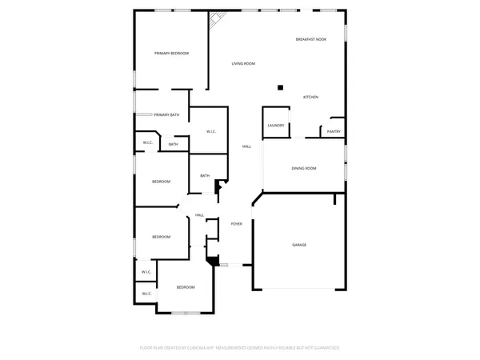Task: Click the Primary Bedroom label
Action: click(x=171, y=53)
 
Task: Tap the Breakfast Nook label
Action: click(x=311, y=39)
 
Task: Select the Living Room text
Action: click(x=243, y=63)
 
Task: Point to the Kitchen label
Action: click(x=310, y=98)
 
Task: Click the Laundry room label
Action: click(x=276, y=126)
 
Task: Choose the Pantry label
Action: click(x=334, y=131)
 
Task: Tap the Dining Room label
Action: click(x=304, y=168)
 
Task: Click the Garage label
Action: click(x=298, y=245)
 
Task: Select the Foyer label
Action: click(x=237, y=224)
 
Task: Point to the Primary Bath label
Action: click(x=167, y=115)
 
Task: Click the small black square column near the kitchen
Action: click(x=280, y=88)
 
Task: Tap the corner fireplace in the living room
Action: click(x=216, y=20)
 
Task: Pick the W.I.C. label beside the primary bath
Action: click(x=211, y=131)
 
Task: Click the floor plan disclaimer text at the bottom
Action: click(x=240, y=348)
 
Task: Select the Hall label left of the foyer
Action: click(x=199, y=215)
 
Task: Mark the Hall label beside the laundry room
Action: click(x=247, y=146)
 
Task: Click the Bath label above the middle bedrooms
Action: click(x=205, y=176)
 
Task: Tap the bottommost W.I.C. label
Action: click(x=147, y=294)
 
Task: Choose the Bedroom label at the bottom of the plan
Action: click(x=186, y=287)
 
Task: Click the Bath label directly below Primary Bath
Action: click(x=173, y=144)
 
